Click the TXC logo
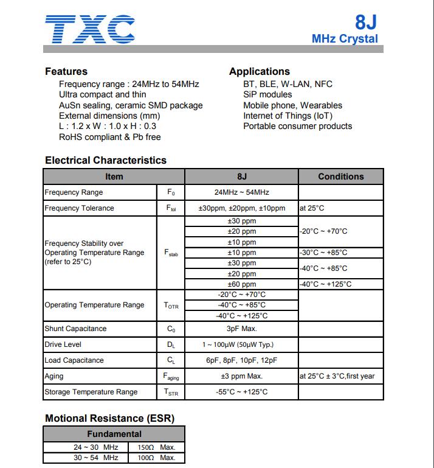coord(90,29)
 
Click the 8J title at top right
coord(366,23)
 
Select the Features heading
coord(66,71)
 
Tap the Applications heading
coord(260,71)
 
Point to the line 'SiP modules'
coord(267,94)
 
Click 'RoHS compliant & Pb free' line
coord(110,137)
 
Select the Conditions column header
coord(340,176)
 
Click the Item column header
coord(114,176)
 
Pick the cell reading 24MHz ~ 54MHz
coord(241,192)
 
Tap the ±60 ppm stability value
coord(241,284)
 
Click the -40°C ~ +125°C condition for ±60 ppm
coord(325,284)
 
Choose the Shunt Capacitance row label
coord(75,329)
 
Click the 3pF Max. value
coord(241,329)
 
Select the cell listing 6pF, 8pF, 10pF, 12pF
coord(241,360)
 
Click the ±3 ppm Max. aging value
coord(241,376)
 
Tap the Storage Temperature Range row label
coord(91,392)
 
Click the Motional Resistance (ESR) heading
coord(109,418)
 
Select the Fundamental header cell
coord(114,434)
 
